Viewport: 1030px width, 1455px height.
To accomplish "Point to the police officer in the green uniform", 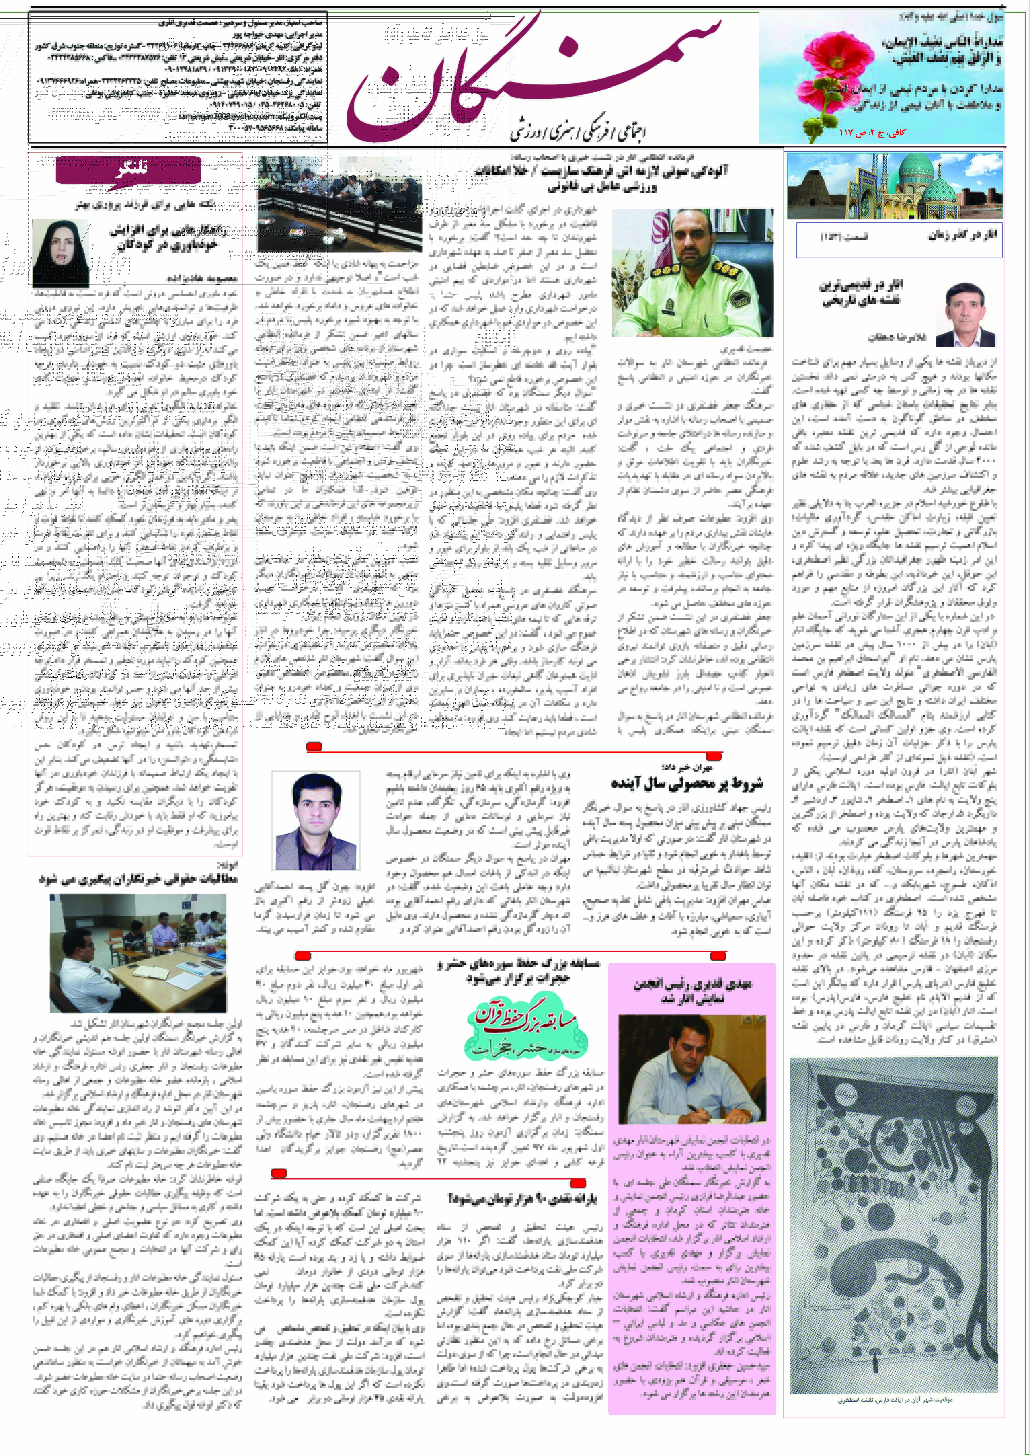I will coord(692,273).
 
